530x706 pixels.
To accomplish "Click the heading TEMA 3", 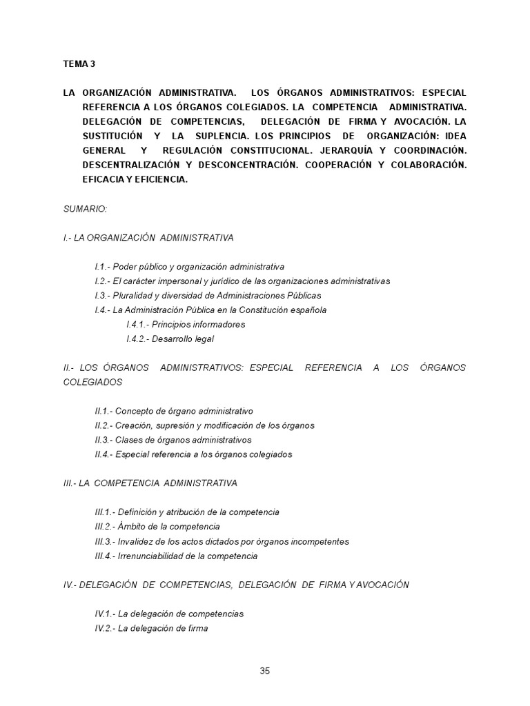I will tap(79, 64).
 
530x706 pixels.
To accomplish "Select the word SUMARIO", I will tap(84, 208).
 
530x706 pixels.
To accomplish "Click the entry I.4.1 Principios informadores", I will tap(185, 324).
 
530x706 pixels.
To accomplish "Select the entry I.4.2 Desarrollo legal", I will tap(170, 339).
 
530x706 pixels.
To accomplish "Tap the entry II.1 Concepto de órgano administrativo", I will tap(174, 411).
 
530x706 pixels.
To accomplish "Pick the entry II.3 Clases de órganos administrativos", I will tap(173, 440).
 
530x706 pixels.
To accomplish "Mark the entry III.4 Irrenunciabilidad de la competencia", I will tap(176, 556).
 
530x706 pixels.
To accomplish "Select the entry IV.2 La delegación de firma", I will tap(151, 628).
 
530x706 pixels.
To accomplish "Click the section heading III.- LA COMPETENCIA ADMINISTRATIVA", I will tap(150, 483).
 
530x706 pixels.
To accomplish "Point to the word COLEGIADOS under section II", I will tap(92, 381).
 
